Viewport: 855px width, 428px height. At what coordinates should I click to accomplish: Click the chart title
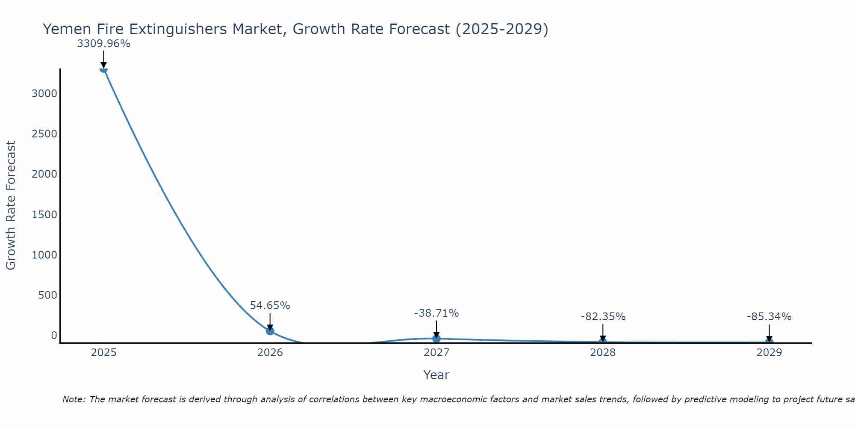(x=295, y=30)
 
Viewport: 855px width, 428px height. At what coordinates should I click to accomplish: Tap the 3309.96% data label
(x=103, y=44)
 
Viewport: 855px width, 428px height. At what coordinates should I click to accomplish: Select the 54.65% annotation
(x=270, y=306)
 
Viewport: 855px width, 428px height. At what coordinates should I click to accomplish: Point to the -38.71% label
(x=436, y=313)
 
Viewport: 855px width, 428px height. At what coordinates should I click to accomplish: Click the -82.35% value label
(x=603, y=317)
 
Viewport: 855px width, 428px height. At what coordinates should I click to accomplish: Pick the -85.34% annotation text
(x=769, y=317)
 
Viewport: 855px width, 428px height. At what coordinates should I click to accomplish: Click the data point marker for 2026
(x=270, y=331)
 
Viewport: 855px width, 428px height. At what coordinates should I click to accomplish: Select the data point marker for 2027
(x=436, y=339)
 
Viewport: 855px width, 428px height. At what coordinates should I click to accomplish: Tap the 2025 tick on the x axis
(x=103, y=353)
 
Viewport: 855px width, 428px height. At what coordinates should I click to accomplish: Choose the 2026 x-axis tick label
(x=270, y=353)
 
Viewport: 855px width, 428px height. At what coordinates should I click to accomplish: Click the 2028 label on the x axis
(x=603, y=353)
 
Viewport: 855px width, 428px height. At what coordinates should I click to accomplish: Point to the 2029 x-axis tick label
(x=769, y=353)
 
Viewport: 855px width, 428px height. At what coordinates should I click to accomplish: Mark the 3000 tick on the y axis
(x=44, y=94)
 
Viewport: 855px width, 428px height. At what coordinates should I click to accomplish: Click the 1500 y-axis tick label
(x=44, y=215)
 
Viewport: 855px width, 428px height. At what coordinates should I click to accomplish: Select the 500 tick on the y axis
(x=47, y=295)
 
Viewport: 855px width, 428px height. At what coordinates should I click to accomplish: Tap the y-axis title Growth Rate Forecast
(x=11, y=205)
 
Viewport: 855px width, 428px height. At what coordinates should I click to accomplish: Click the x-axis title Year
(x=436, y=375)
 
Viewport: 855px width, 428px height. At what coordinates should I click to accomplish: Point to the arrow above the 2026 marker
(x=270, y=321)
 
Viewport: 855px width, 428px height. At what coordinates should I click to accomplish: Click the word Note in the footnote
(x=74, y=400)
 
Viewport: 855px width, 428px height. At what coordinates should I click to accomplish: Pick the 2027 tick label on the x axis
(x=436, y=353)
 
